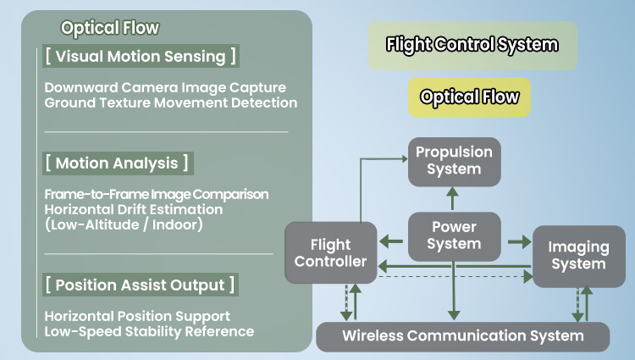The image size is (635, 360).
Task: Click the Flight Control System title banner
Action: (472, 46)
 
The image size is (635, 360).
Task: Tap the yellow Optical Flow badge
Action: (469, 97)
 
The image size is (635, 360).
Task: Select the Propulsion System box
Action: (454, 161)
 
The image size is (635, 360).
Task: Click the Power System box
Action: (454, 235)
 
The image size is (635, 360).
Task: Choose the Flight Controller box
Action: (329, 252)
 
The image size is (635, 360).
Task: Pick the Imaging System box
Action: (578, 255)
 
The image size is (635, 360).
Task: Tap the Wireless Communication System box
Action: (462, 336)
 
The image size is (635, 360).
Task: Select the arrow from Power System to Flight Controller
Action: (391, 242)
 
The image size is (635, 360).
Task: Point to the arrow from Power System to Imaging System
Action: (516, 242)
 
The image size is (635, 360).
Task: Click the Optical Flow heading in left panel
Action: (109, 28)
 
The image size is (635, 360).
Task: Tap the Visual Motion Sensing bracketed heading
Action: (140, 57)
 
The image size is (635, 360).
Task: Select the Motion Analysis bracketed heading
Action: (116, 163)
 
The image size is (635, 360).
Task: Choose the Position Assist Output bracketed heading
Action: (140, 285)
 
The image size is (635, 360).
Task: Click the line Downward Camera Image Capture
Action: (165, 88)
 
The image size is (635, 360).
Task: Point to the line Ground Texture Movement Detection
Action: (171, 102)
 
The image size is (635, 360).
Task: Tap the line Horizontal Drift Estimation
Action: (134, 208)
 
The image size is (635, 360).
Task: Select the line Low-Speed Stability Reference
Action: (149, 331)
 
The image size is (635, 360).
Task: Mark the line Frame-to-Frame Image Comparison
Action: (157, 194)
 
